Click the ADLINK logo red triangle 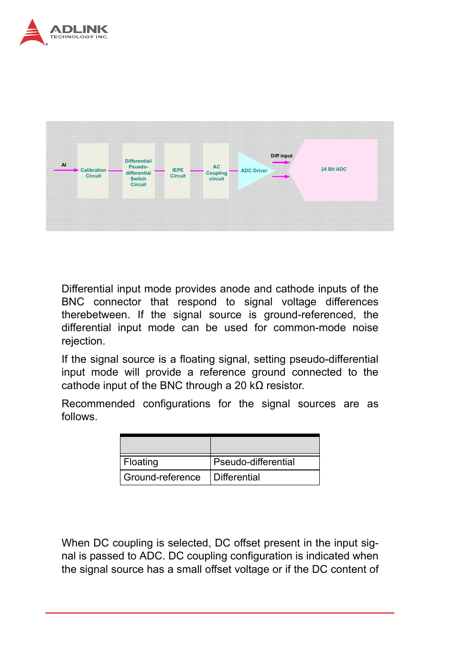(x=32, y=33)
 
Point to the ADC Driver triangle (x=253, y=171)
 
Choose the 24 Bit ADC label (x=334, y=169)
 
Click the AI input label (x=64, y=165)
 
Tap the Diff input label (x=282, y=156)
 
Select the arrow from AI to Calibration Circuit (x=66, y=170)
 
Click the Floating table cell (x=141, y=462)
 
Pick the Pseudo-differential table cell (x=254, y=462)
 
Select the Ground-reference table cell (x=162, y=478)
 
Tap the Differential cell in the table (x=237, y=478)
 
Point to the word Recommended (x=98, y=404)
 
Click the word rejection (x=83, y=341)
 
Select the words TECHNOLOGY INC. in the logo (x=79, y=37)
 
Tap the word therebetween (x=95, y=315)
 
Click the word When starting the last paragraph (x=76, y=543)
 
